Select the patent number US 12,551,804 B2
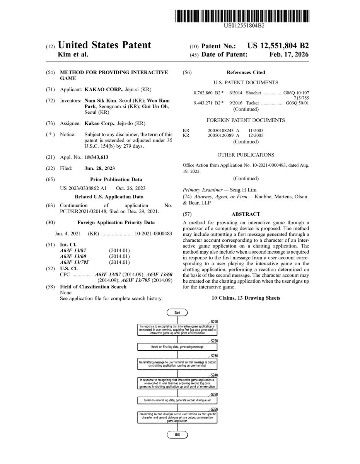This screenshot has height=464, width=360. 278,46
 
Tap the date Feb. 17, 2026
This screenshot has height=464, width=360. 289,55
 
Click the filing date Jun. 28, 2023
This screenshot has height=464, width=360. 99,169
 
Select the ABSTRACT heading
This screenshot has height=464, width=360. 246,214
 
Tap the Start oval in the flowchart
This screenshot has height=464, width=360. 177,312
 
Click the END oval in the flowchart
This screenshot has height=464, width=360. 177,435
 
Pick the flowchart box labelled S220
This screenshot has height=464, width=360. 177,347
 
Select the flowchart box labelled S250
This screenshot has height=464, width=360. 177,400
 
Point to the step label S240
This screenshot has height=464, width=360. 215,375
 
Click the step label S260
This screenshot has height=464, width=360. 215,409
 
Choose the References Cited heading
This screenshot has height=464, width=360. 246,72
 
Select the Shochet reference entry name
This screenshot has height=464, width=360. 253,93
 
